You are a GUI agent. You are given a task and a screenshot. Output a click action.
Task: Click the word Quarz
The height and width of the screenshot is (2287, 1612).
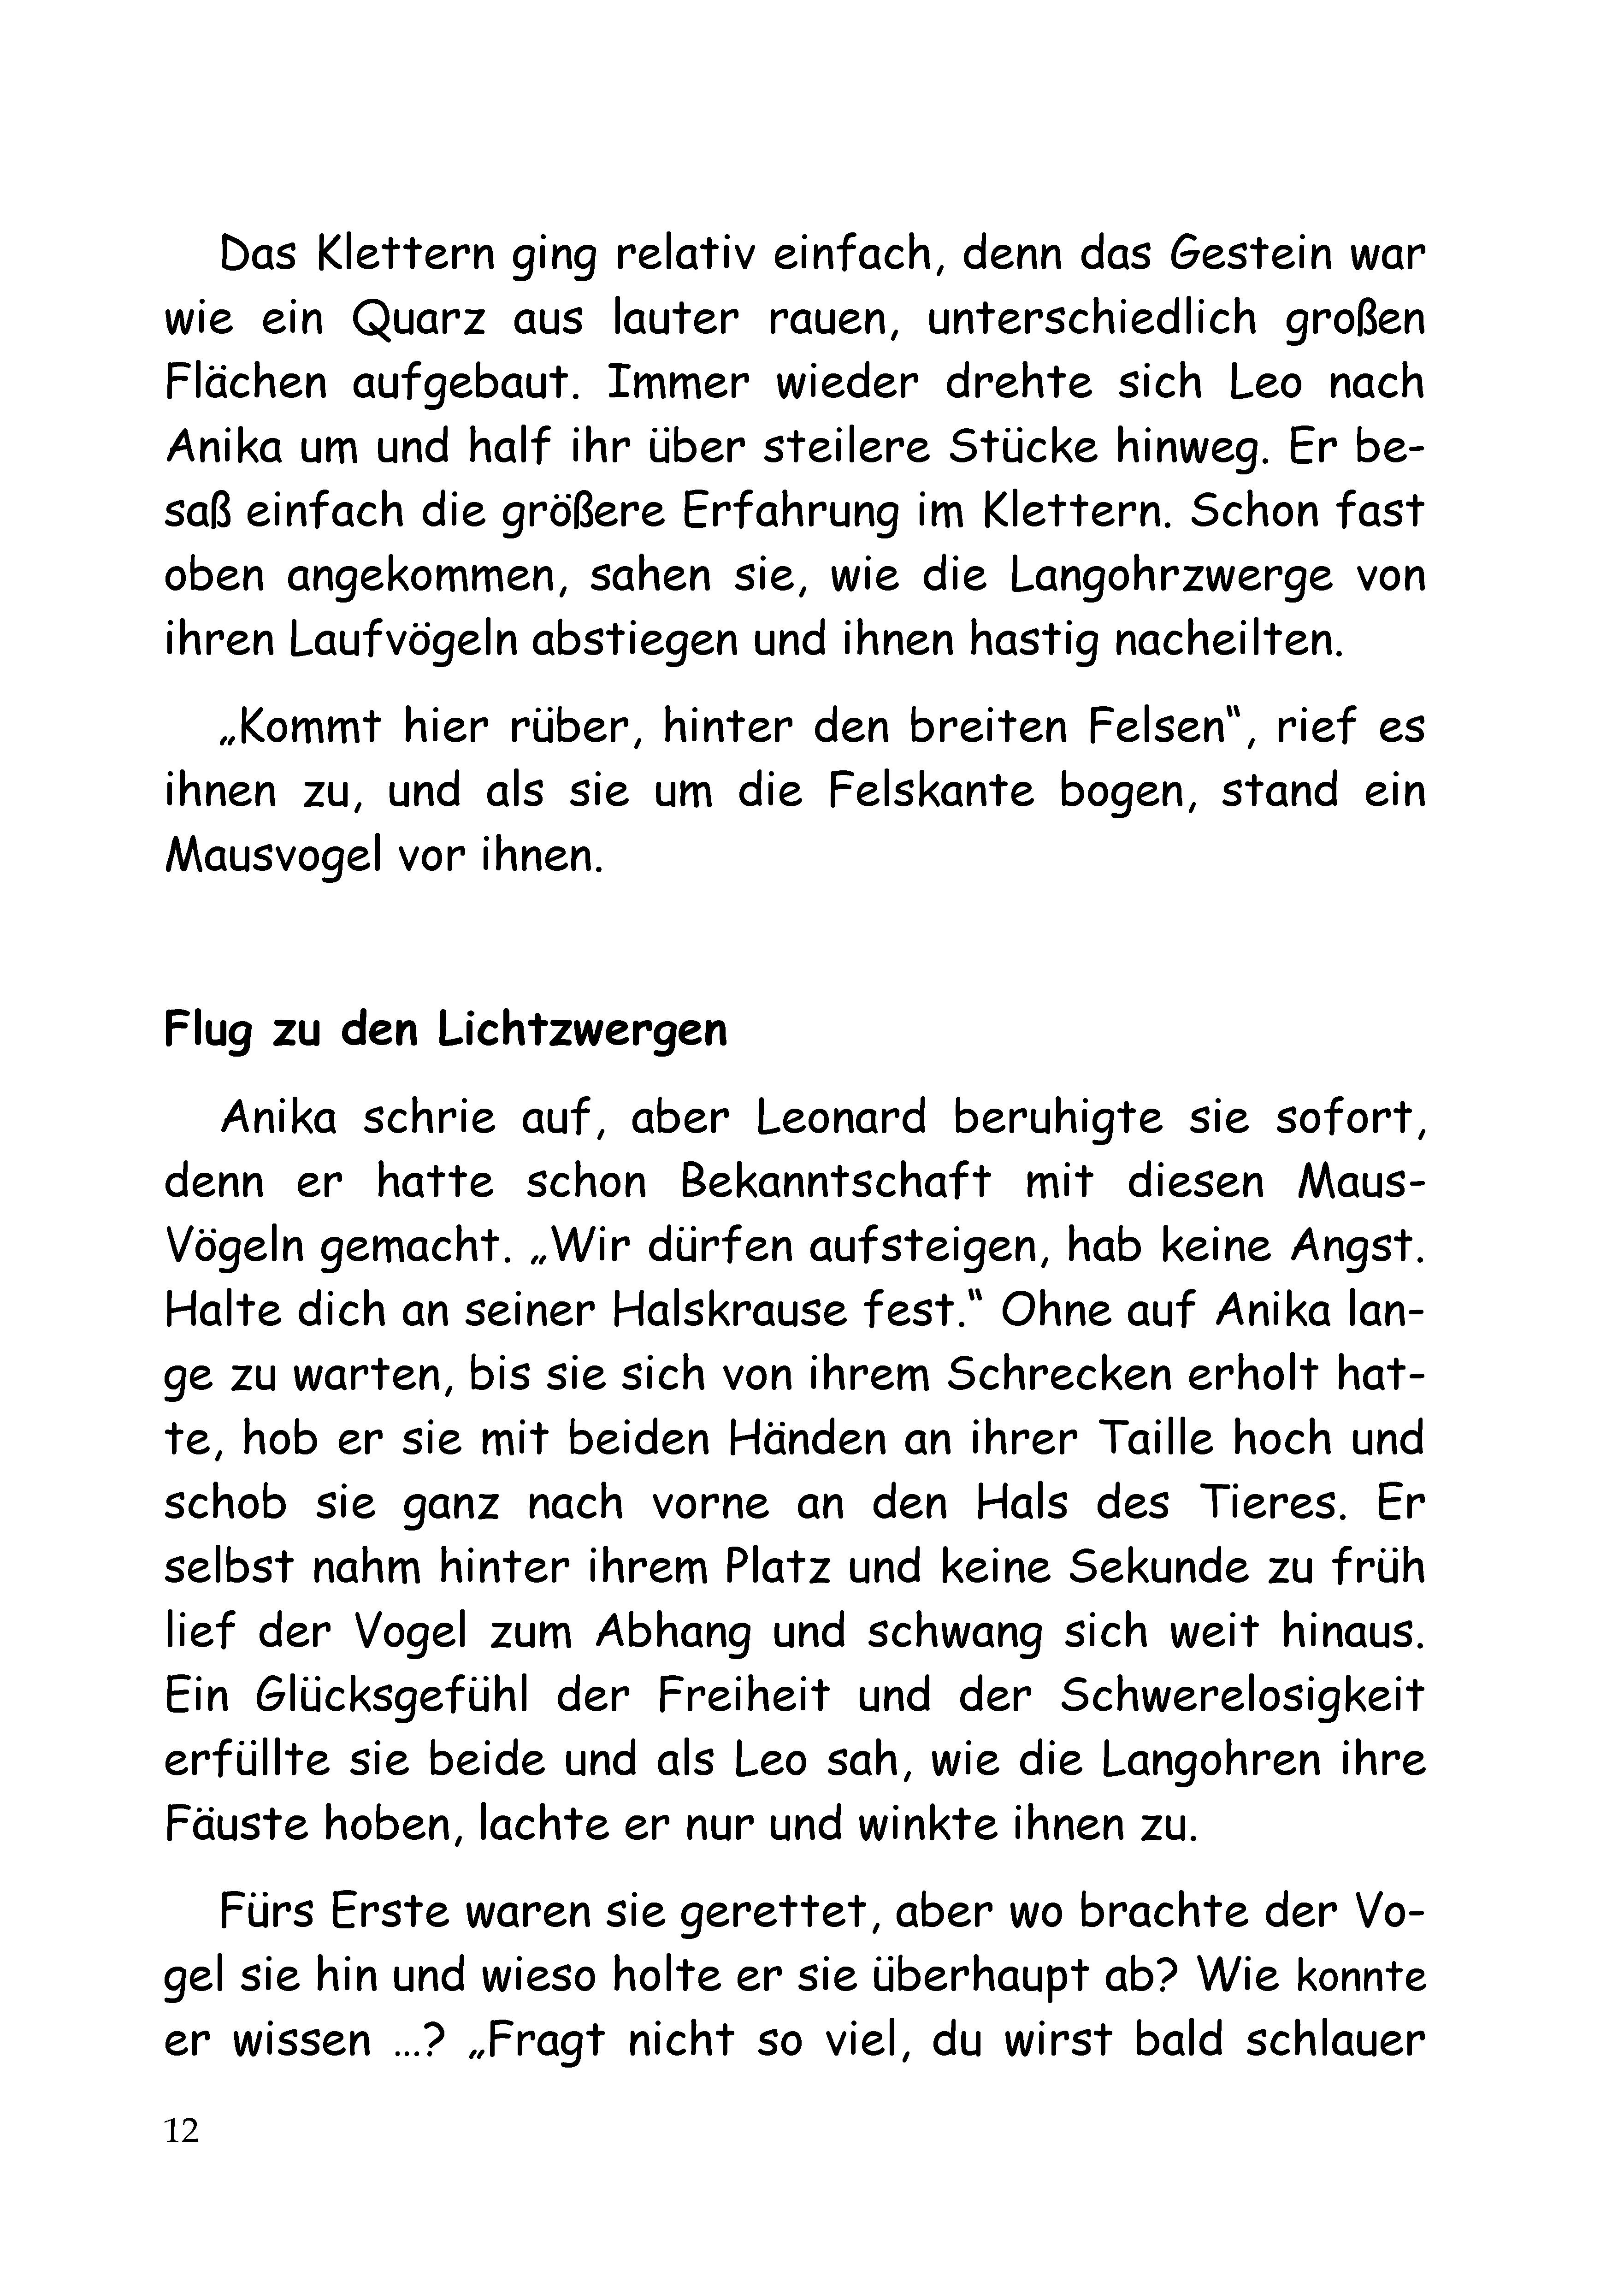[419, 320]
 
